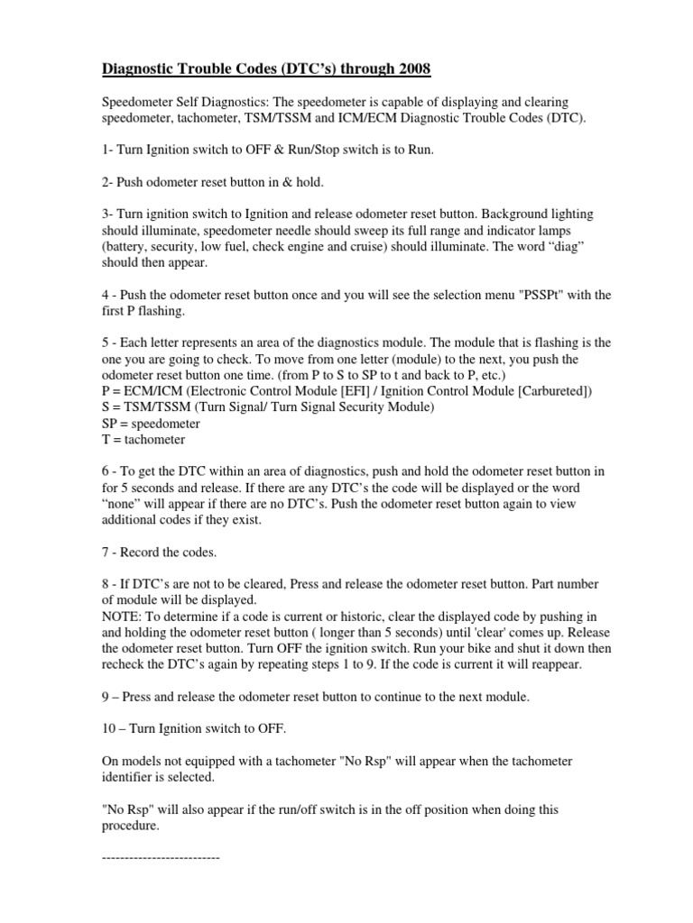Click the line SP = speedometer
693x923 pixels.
[151, 424]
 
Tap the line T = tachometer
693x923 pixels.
[143, 440]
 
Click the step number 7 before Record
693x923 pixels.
[105, 552]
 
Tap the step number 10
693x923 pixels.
[107, 729]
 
